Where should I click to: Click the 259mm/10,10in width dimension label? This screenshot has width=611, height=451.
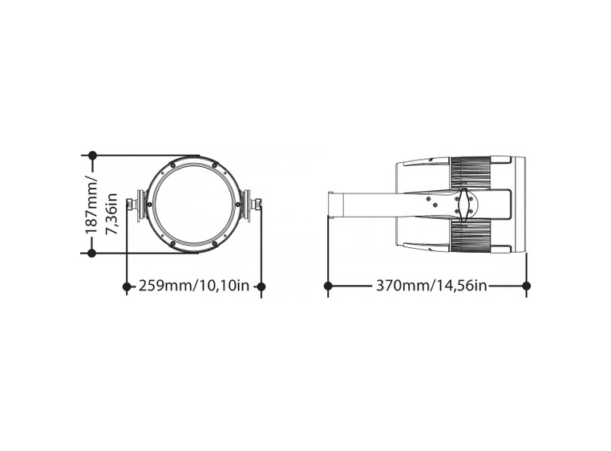point(193,286)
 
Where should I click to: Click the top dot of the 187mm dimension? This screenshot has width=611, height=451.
point(92,155)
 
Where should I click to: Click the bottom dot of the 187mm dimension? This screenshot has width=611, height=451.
point(92,253)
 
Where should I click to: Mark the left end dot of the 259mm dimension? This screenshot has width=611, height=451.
point(127,286)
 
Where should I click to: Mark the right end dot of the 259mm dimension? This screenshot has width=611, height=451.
point(261,286)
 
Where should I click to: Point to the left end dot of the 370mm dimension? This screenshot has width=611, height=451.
point(328,286)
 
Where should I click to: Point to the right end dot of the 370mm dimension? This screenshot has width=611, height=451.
point(526,286)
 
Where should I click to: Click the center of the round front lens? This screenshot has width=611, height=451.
point(193,204)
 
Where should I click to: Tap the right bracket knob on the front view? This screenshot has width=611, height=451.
point(253,204)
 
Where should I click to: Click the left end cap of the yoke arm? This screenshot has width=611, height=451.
point(330,204)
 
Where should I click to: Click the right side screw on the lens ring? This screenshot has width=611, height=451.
point(237,204)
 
